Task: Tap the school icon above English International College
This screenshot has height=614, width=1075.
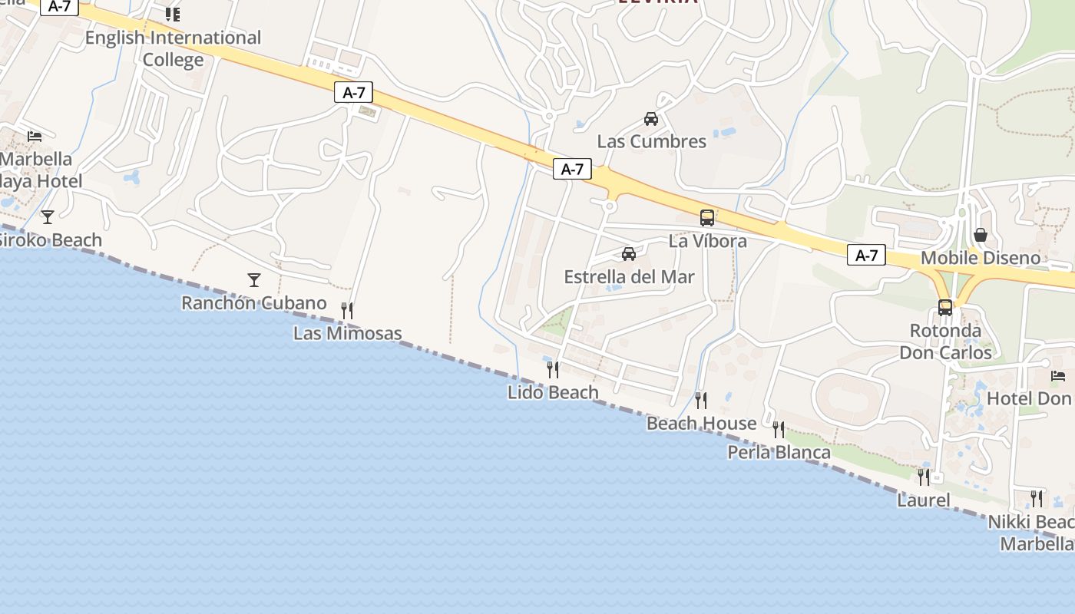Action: coord(173,14)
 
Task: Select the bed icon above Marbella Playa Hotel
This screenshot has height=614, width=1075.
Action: coord(35,137)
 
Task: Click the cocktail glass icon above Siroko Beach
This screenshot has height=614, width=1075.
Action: coord(48,216)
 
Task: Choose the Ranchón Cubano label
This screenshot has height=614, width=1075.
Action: coord(254,303)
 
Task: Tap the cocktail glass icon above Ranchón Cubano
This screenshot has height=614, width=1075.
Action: coord(254,279)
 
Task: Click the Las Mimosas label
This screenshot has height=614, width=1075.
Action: coord(348,333)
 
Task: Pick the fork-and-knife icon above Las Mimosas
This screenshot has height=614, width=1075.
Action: coord(347,310)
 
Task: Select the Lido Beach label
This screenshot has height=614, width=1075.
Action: coord(553,392)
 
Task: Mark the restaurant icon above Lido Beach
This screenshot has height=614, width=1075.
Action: coord(553,370)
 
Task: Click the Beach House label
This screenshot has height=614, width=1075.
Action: coord(702,423)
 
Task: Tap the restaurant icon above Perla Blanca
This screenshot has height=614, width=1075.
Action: coord(779,430)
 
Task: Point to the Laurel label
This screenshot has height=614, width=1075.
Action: coord(924,500)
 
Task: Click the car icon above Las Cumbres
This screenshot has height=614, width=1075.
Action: coord(651,119)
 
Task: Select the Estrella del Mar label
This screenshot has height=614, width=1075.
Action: coord(629,277)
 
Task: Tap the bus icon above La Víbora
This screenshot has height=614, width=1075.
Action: coord(707,218)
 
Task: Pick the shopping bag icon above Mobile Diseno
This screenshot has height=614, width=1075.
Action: coord(981,235)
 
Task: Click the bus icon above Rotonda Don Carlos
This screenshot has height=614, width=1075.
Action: coord(945,308)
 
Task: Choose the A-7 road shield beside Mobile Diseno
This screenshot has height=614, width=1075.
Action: coord(866,256)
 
